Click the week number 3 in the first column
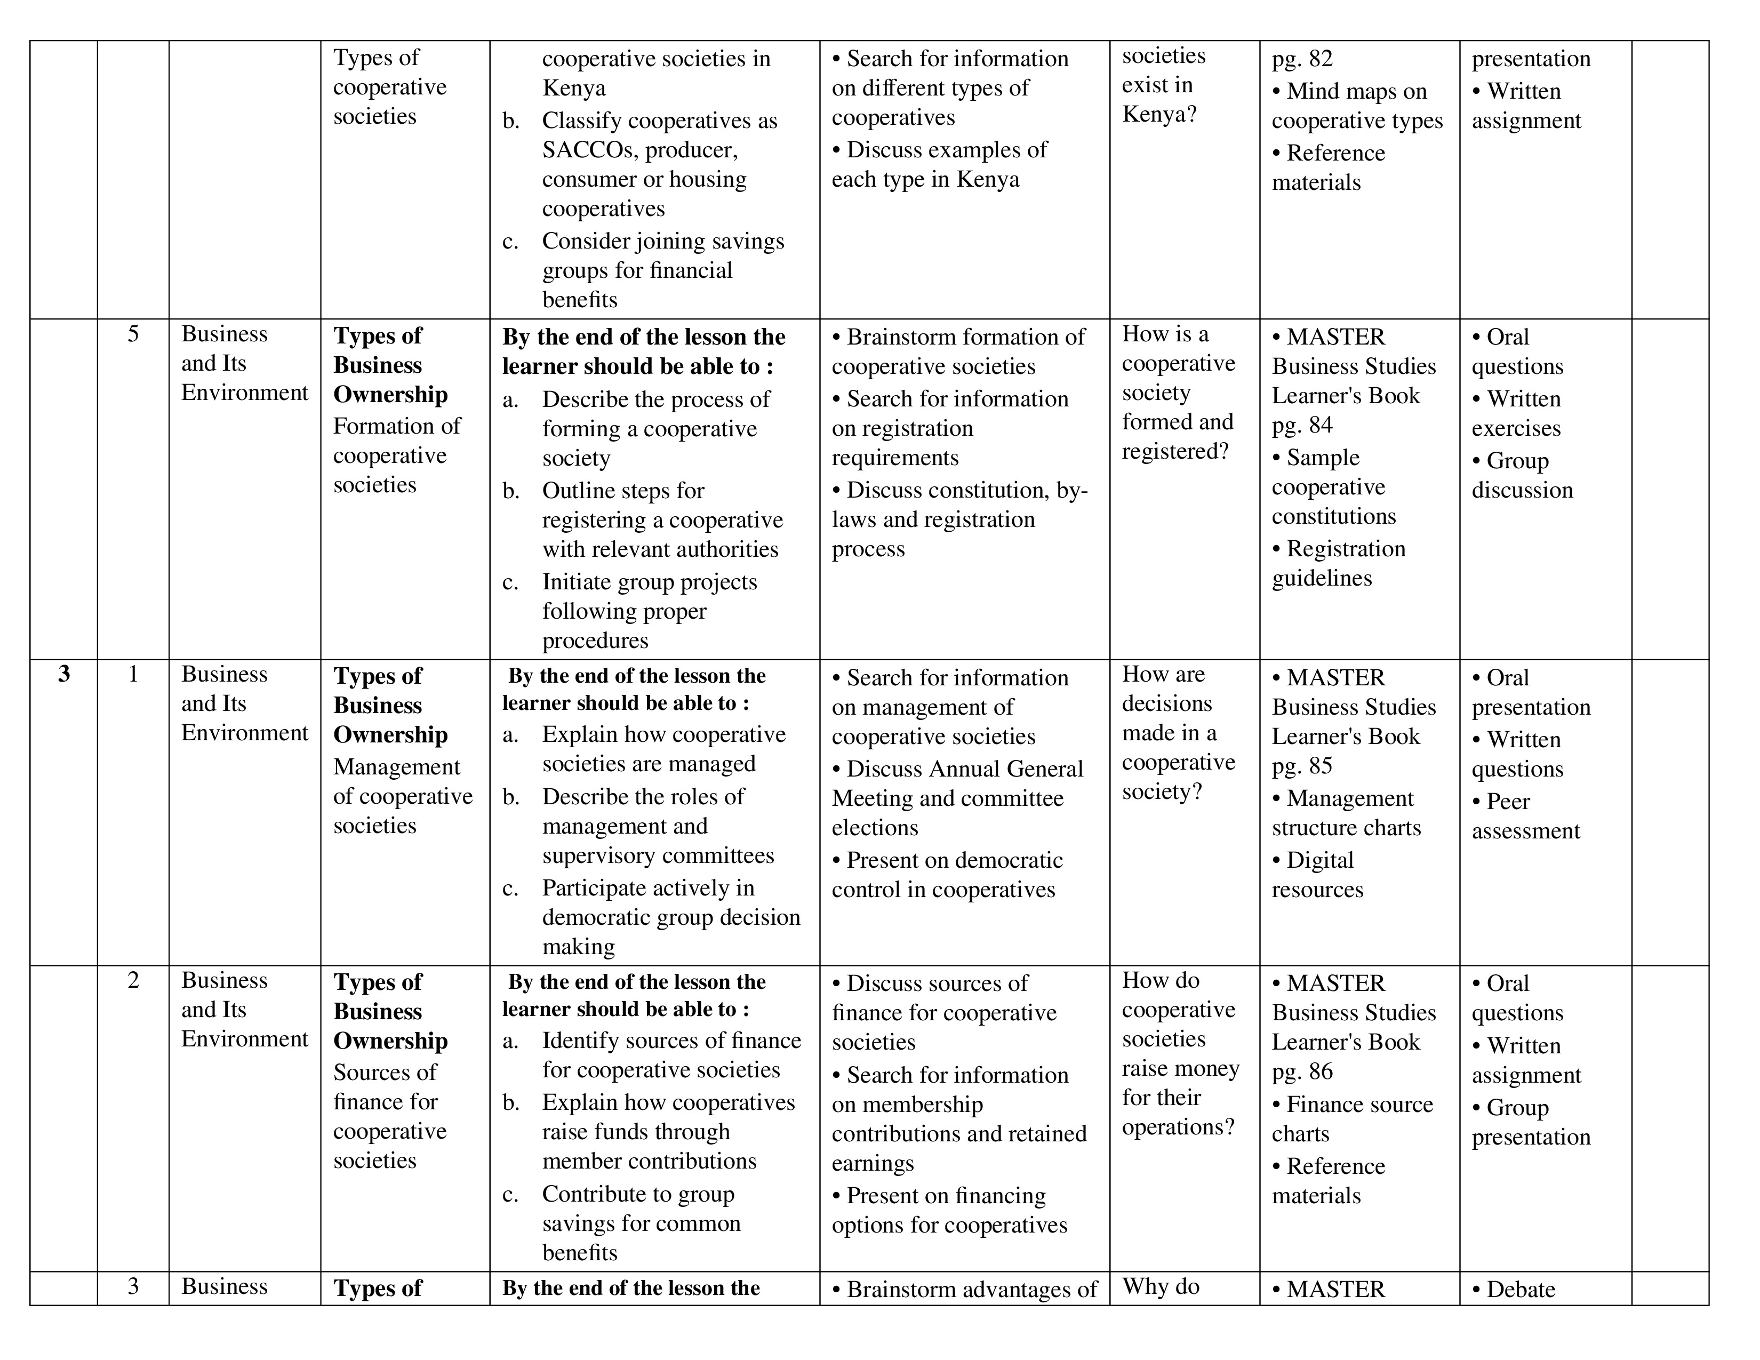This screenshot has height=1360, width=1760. coord(65,674)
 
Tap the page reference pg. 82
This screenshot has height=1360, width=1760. coord(1302,59)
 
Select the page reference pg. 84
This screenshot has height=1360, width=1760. coord(1302,425)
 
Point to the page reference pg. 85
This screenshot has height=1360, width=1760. coord(1302,765)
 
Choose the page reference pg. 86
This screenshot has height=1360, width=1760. coord(1302,1071)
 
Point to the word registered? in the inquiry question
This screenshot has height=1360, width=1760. coord(1175,451)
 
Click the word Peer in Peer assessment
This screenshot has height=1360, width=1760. coord(1508,802)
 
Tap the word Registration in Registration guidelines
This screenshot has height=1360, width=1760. coord(1346,549)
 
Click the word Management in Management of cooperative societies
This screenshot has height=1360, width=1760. coord(396,767)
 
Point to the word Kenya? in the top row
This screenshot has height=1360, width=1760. coord(1159,115)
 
